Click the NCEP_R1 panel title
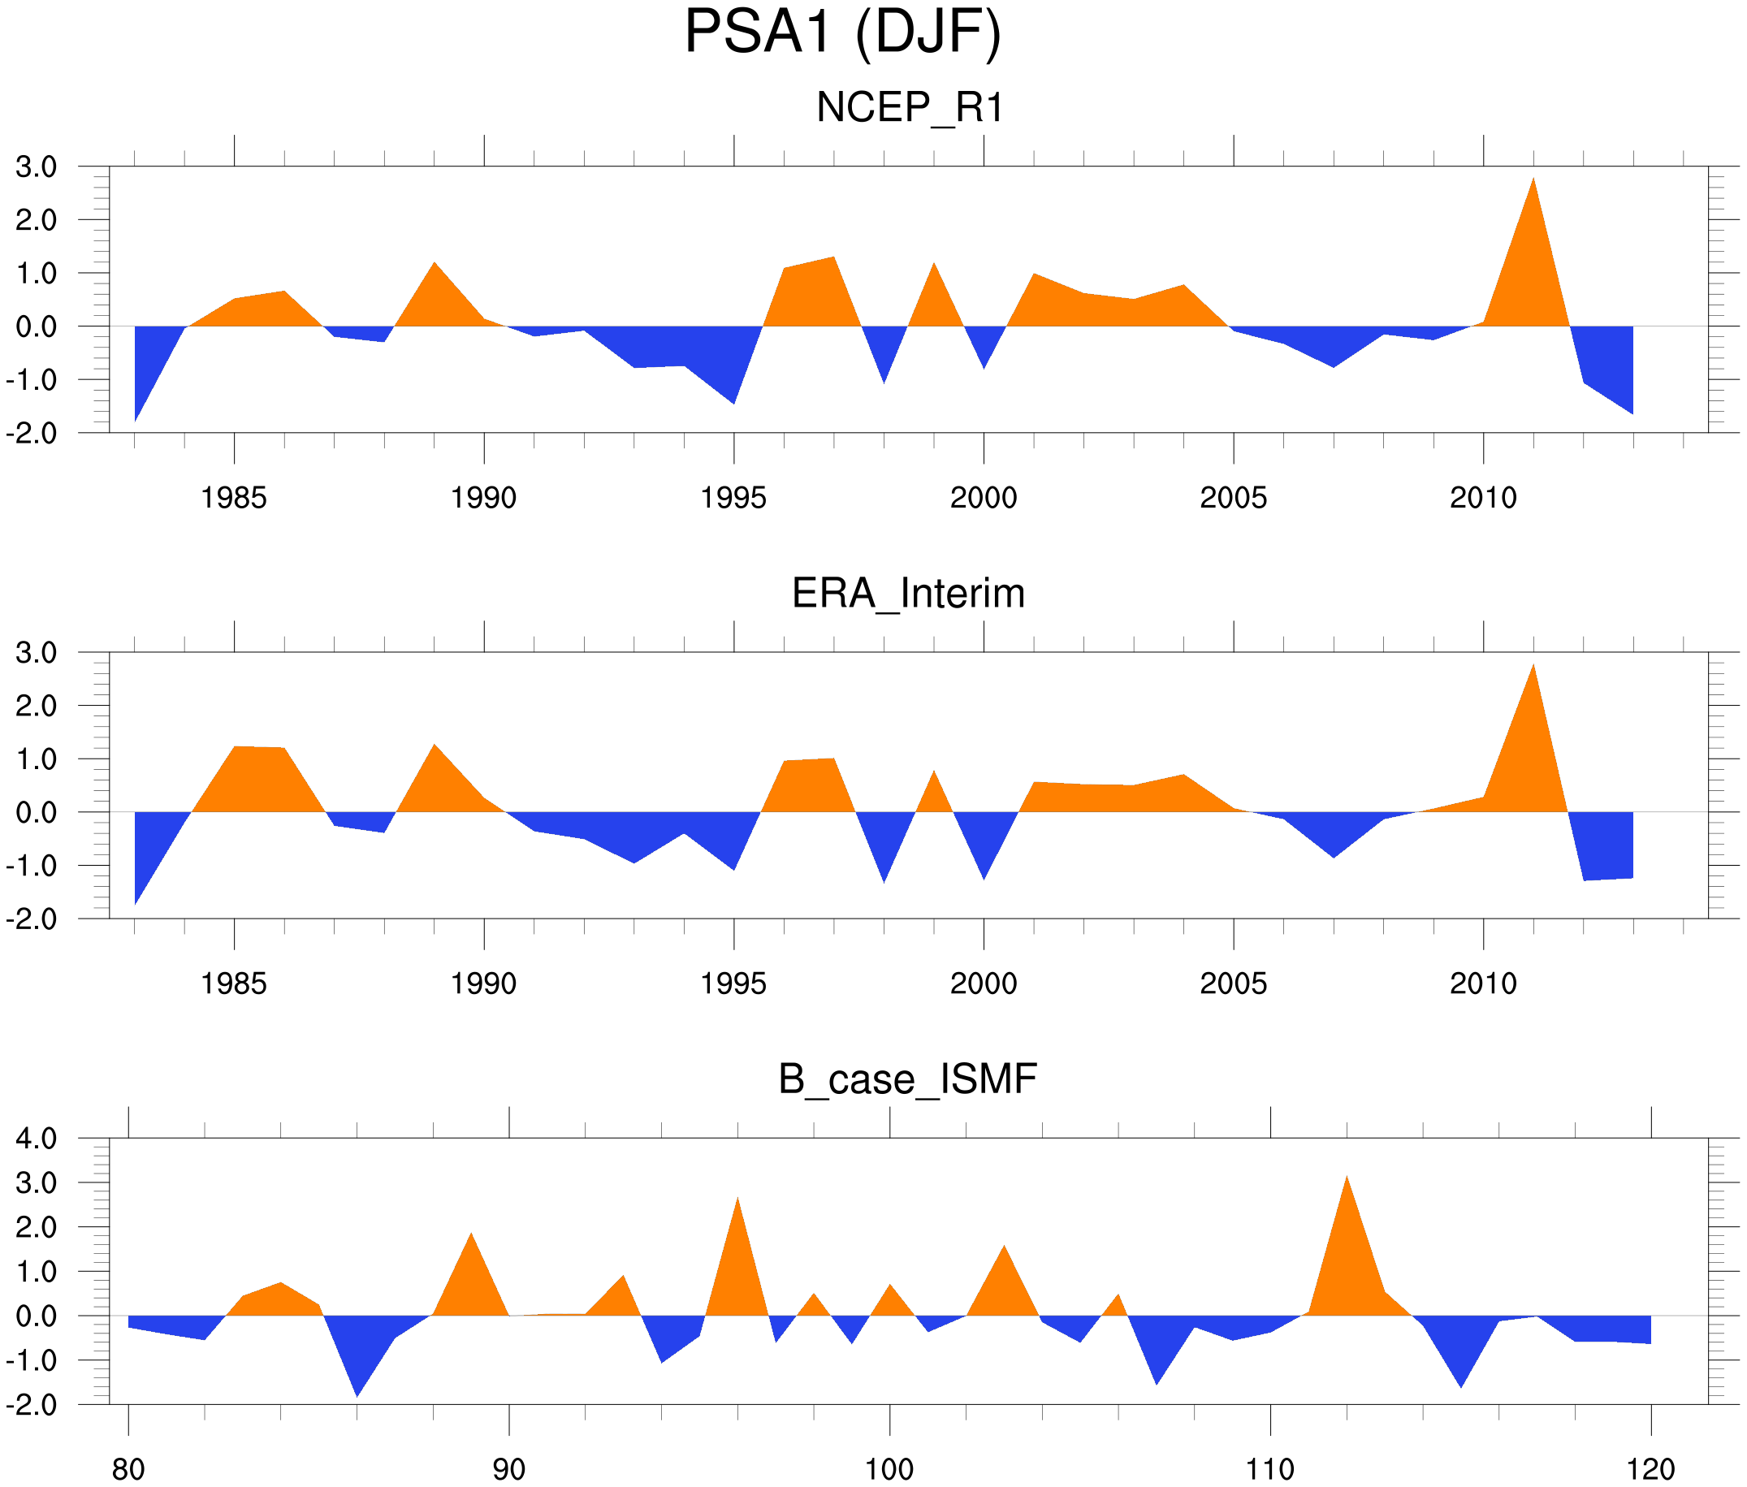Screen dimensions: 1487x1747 pos(909,108)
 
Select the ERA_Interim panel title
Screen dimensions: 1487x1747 pos(908,594)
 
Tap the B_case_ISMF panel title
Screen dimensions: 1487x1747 pos(907,1079)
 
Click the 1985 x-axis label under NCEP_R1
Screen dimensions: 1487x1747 pos(234,498)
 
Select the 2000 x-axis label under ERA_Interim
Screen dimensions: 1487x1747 pos(983,983)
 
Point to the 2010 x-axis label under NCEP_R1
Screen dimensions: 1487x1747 pos(1483,498)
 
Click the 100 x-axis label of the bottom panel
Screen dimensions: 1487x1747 pos(889,1469)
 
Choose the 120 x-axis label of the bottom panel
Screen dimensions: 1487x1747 pos(1650,1469)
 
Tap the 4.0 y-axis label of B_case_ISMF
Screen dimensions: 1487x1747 pos(37,1139)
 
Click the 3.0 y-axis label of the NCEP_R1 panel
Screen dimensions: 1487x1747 pos(37,167)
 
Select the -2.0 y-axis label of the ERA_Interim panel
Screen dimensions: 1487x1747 pos(32,919)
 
